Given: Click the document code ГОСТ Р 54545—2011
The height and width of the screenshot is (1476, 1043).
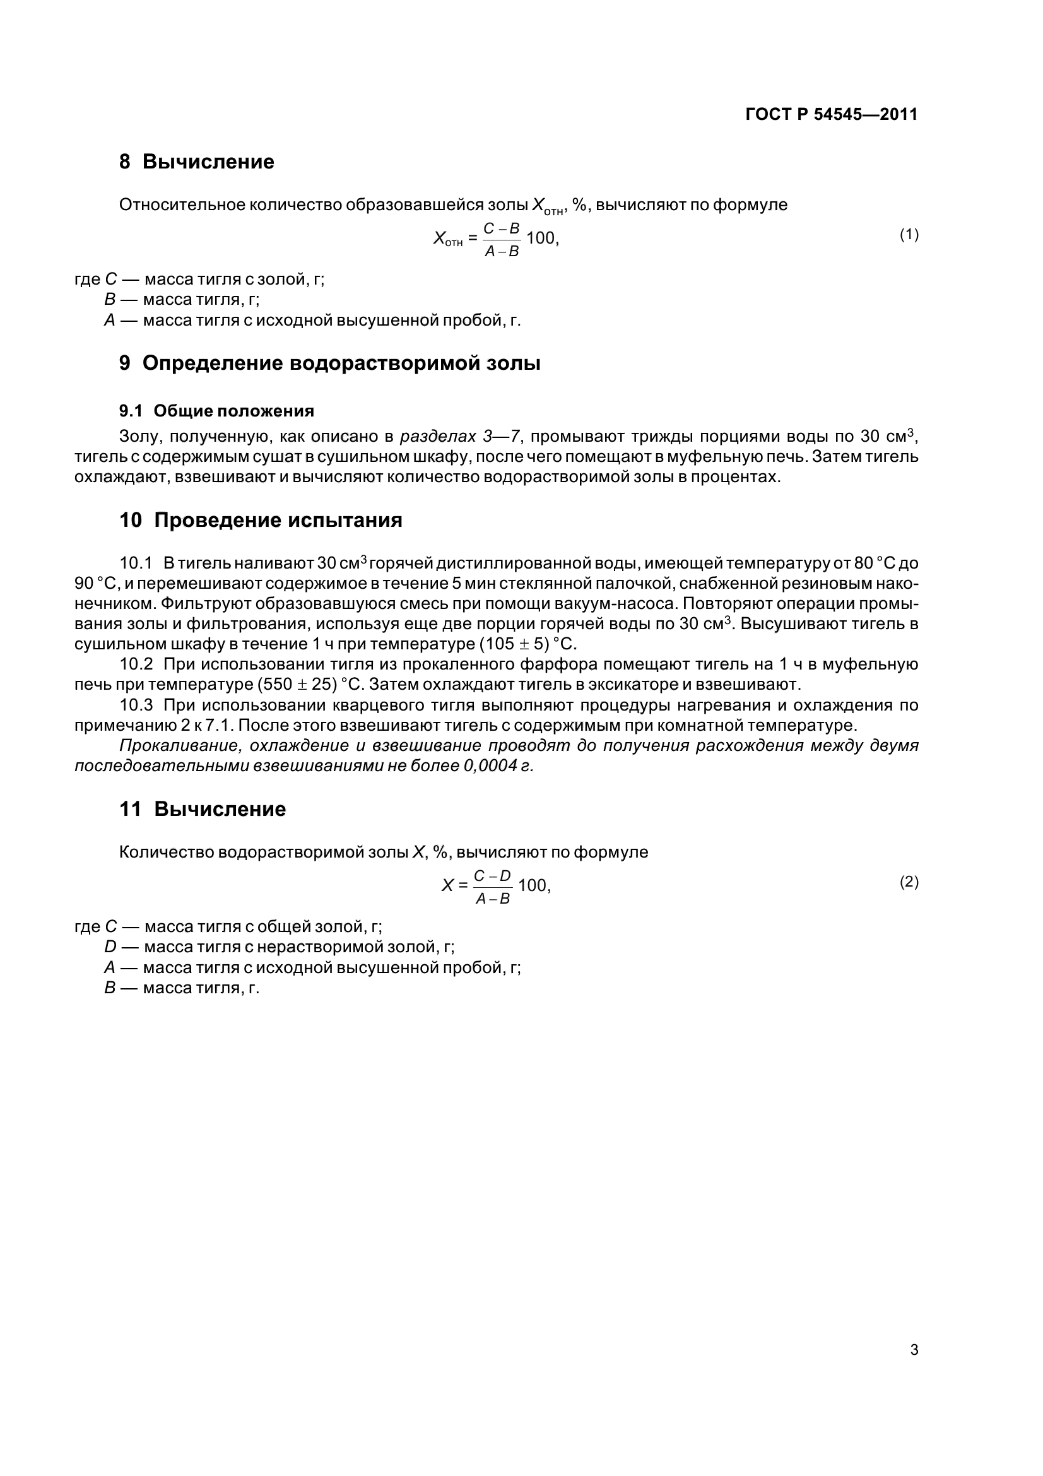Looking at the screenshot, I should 831,114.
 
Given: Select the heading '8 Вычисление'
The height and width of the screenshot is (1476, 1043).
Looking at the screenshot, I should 197,162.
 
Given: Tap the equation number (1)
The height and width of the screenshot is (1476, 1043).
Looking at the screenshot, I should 909,235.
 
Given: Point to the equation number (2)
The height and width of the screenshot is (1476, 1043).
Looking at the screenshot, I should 909,882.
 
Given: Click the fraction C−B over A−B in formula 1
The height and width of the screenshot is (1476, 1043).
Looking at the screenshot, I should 501,239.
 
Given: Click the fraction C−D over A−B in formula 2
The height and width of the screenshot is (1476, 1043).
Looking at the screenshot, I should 492,887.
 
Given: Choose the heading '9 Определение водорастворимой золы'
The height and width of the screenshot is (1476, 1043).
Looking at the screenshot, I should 329,363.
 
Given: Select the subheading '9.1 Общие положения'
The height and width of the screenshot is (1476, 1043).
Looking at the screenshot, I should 216,411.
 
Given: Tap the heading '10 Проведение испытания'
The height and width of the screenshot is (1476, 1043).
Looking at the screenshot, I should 261,520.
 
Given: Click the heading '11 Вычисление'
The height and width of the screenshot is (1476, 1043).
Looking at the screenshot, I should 203,809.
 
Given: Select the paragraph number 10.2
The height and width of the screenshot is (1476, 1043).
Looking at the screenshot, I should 136,664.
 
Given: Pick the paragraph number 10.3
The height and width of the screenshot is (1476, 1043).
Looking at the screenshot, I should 136,706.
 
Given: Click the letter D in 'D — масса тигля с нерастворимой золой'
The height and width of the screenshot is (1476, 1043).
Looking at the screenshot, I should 110,947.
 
